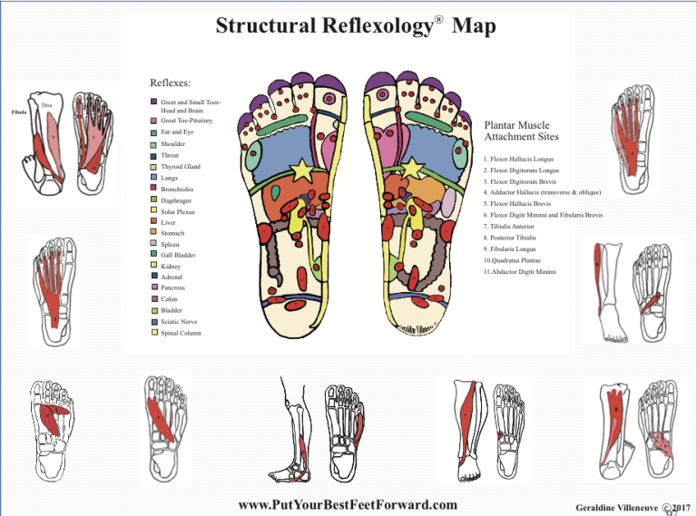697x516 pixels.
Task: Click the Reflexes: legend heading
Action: click(x=170, y=83)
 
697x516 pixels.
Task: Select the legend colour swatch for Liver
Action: click(x=154, y=222)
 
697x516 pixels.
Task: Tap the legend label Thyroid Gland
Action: click(x=181, y=167)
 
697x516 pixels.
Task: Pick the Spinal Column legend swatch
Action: click(x=154, y=333)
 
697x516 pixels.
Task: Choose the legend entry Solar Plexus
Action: click(x=178, y=211)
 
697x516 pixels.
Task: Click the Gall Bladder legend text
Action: click(x=178, y=256)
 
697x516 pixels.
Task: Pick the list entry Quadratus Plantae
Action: click(x=515, y=259)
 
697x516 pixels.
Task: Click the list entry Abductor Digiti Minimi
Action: click(x=520, y=271)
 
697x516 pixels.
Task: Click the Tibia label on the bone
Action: click(x=46, y=105)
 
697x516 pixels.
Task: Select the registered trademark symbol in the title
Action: click(x=437, y=16)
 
